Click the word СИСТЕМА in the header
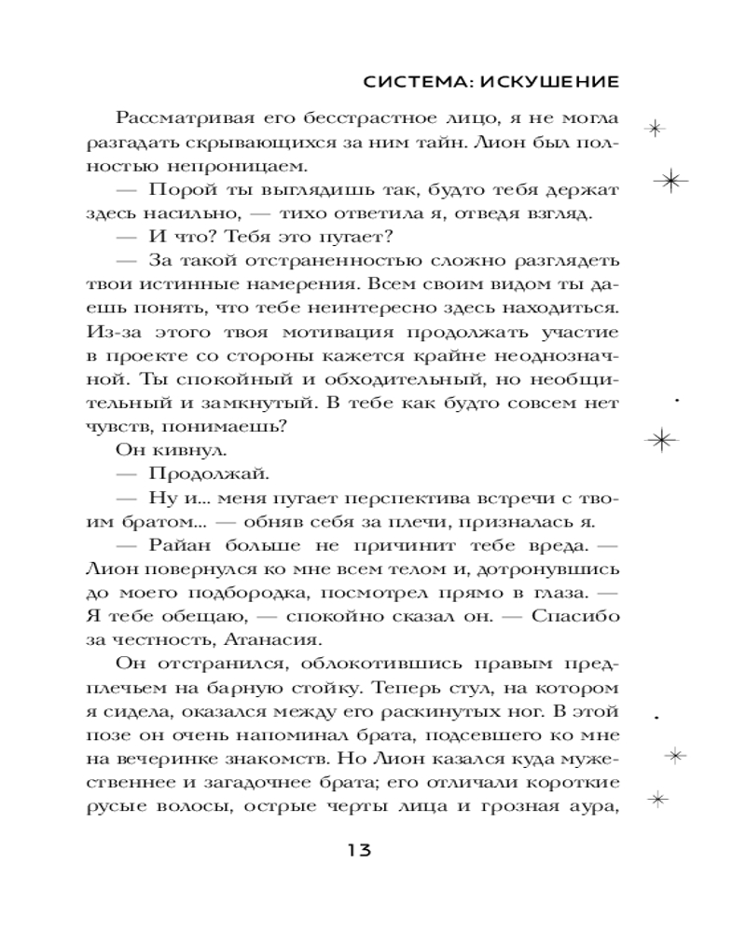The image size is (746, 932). tap(408, 82)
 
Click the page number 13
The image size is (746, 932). tap(359, 850)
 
